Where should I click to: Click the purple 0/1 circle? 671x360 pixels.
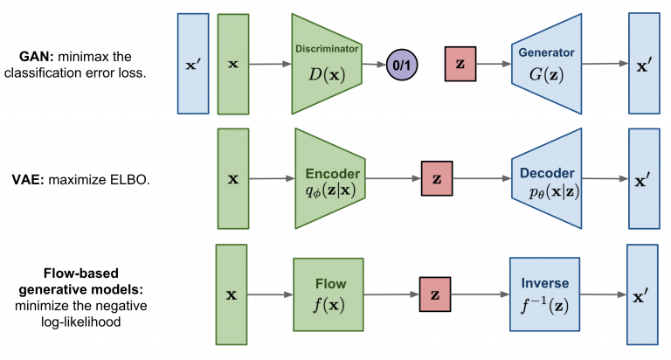point(405,65)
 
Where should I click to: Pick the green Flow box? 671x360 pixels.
point(329,294)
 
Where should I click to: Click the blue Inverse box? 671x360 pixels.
point(543,294)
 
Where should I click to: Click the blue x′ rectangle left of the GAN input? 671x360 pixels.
point(192,65)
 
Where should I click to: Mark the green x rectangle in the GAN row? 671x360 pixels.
point(233,65)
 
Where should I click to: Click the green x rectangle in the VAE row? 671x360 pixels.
point(232,179)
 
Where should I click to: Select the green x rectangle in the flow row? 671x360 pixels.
point(232,294)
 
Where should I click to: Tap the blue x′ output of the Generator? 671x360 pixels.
point(643,65)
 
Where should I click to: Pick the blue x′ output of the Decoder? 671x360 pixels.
point(643,179)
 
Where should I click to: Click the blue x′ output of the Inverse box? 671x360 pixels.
point(642,294)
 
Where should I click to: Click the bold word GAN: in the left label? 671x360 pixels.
point(39,57)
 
